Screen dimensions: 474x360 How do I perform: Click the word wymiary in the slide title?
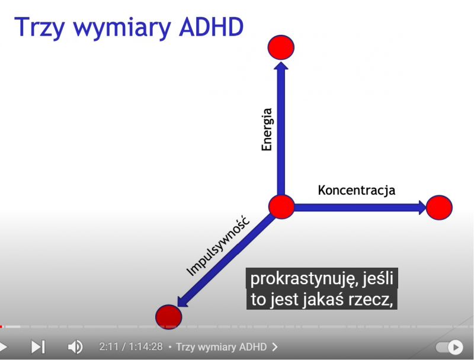(122, 28)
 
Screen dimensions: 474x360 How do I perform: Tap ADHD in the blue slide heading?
(212, 27)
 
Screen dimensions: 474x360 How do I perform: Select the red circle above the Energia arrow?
(281, 47)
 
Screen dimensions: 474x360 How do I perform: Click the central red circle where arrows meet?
(281, 207)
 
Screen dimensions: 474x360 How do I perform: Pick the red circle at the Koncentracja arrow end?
(439, 207)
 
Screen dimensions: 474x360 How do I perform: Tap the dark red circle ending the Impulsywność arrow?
(169, 317)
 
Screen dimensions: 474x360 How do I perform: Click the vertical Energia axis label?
(267, 130)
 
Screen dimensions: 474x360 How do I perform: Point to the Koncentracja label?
(357, 190)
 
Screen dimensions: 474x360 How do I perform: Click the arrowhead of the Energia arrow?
(281, 65)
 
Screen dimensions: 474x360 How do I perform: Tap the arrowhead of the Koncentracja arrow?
(422, 207)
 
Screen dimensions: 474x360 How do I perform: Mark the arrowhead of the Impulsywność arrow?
(182, 302)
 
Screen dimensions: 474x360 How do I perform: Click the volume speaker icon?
(75, 347)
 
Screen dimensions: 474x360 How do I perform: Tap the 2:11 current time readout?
(110, 347)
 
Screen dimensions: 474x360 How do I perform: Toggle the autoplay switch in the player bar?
(449, 347)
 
